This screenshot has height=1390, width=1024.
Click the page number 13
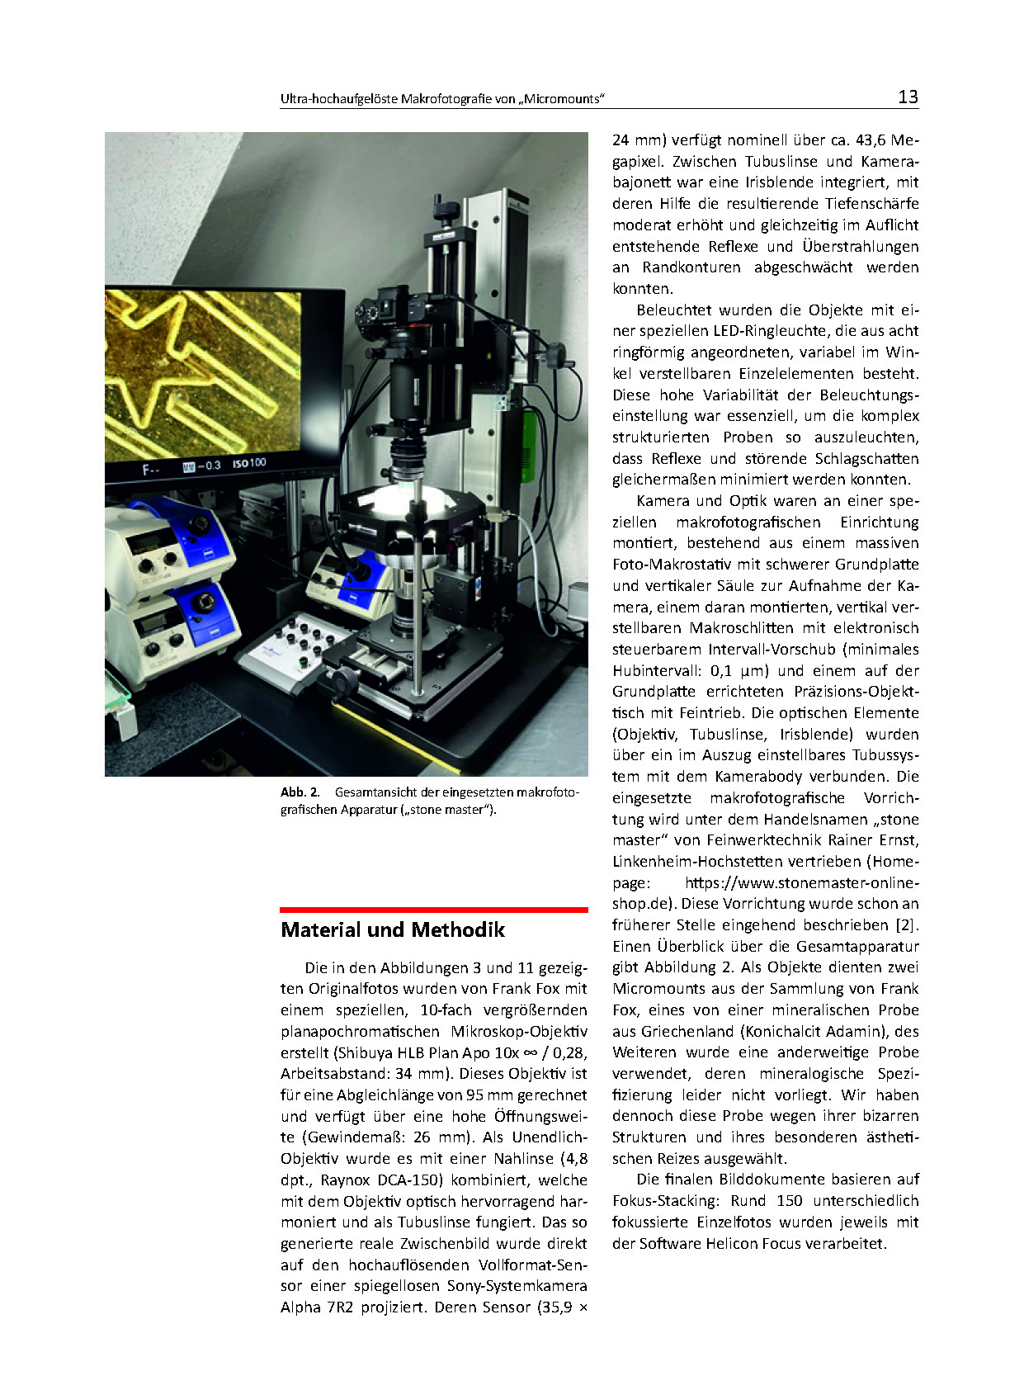[907, 97]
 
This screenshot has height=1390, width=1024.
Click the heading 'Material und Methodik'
[392, 930]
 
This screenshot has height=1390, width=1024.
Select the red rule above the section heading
[433, 910]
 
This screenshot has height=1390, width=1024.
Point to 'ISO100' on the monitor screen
[249, 463]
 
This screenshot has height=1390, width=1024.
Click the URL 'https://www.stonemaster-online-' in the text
[801, 882]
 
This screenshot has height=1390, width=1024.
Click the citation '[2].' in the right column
[907, 925]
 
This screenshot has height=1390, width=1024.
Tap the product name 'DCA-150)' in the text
[388, 1180]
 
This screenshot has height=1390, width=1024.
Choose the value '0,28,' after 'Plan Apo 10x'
[569, 1052]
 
